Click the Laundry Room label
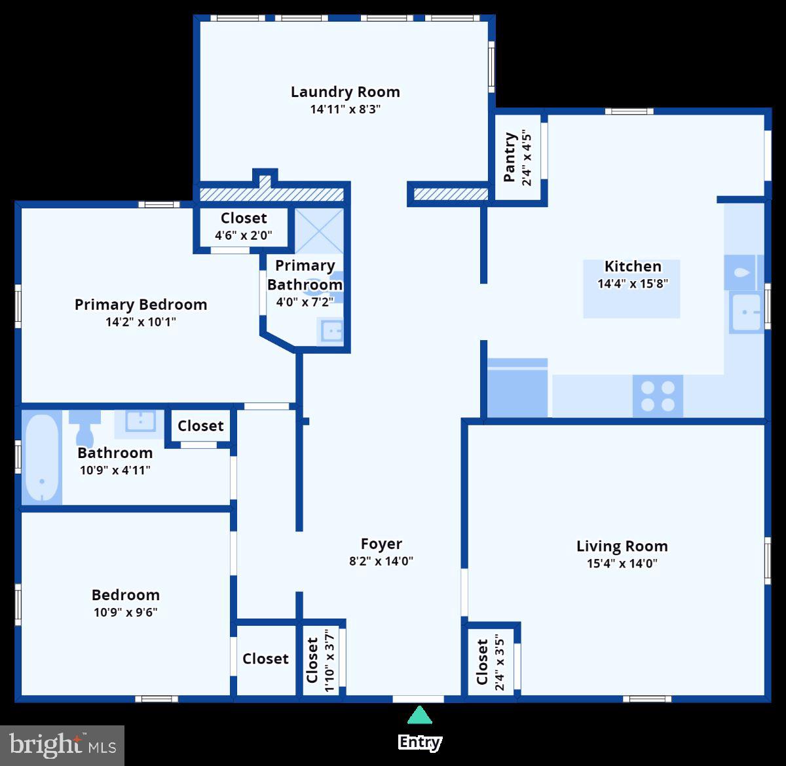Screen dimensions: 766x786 point(345,92)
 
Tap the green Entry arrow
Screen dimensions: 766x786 point(419,715)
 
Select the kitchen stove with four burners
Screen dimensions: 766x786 point(658,395)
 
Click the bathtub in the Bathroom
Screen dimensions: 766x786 point(41,457)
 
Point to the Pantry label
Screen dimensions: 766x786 point(510,157)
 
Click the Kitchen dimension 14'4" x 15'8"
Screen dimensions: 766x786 point(632,284)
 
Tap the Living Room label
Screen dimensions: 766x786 point(622,546)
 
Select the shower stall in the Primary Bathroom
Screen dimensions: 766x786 point(319,230)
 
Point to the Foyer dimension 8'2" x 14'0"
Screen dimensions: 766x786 point(381,561)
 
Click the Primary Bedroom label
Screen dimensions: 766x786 point(140,304)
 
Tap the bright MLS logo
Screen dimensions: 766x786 point(62,746)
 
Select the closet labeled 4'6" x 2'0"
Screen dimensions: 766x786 point(243,226)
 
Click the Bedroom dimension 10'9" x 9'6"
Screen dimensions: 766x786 point(125,612)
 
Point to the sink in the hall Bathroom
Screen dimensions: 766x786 point(139,423)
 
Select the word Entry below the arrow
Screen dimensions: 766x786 point(419,742)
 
